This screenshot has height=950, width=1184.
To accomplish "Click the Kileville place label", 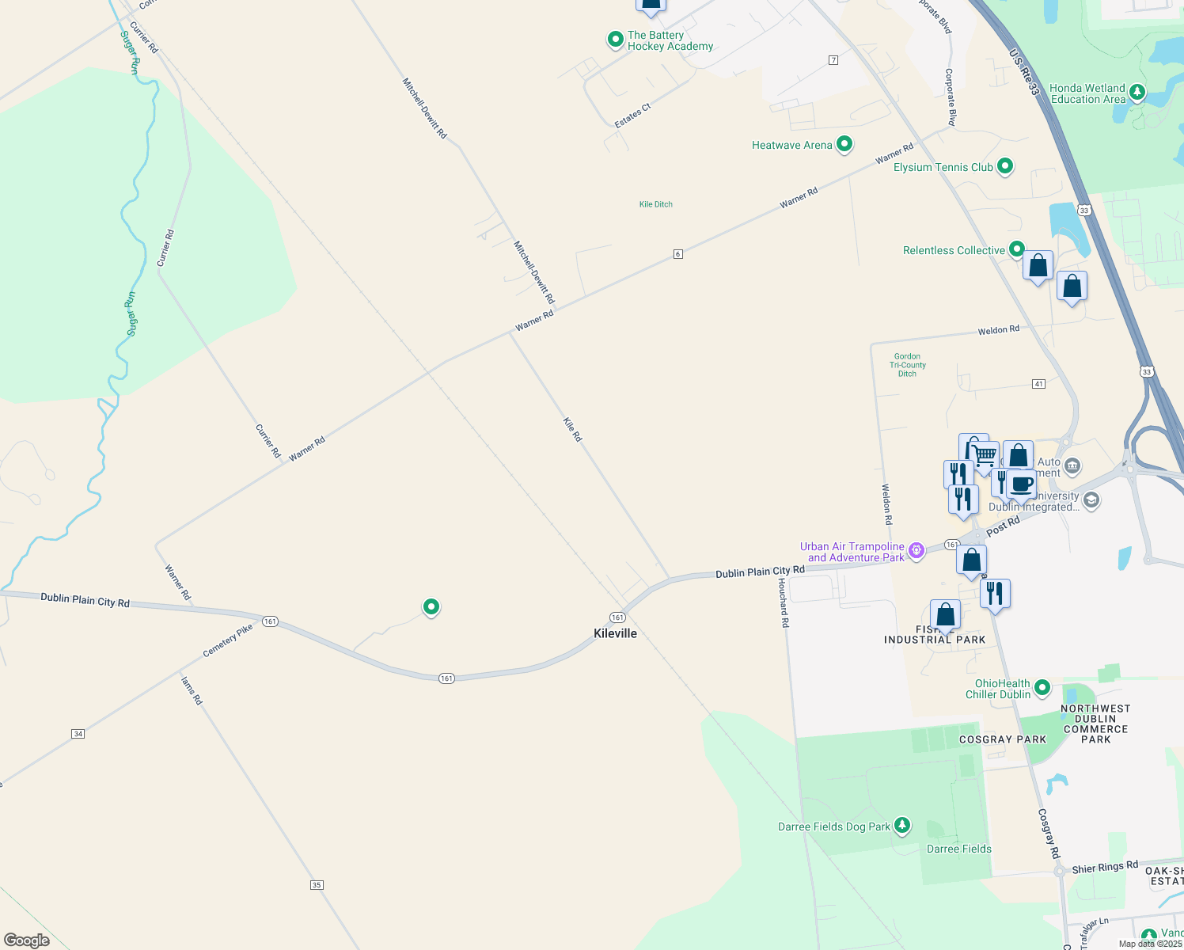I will pyautogui.click(x=615, y=633).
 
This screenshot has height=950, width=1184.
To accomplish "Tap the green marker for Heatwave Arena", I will pyautogui.click(x=844, y=144).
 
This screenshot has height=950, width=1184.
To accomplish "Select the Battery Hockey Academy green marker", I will pyautogui.click(x=615, y=40).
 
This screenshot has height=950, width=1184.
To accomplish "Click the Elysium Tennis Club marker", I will pyautogui.click(x=1005, y=166).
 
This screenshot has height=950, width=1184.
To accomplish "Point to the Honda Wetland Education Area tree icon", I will pyautogui.click(x=1137, y=93).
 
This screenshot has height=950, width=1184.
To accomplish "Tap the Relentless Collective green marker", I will pyautogui.click(x=1016, y=249).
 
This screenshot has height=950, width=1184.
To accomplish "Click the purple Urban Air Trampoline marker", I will pyautogui.click(x=916, y=550).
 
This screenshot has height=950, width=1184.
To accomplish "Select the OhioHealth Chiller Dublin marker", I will pyautogui.click(x=1042, y=687).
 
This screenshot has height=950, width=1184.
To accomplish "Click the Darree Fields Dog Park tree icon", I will pyautogui.click(x=901, y=826).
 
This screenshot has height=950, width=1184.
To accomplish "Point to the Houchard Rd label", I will pyautogui.click(x=783, y=602).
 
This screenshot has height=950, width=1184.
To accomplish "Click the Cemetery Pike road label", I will pyautogui.click(x=228, y=640).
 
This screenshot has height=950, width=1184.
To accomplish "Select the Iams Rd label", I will pyautogui.click(x=192, y=690).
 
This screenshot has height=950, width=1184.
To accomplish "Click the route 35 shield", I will pyautogui.click(x=317, y=884).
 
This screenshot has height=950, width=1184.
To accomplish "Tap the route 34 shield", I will pyautogui.click(x=78, y=734).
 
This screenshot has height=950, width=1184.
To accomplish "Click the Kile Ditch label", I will pyautogui.click(x=655, y=204).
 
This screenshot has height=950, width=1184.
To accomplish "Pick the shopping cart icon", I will pyautogui.click(x=985, y=456).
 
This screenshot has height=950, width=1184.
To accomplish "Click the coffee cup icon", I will pyautogui.click(x=1022, y=483).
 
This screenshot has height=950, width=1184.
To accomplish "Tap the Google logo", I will pyautogui.click(x=27, y=940).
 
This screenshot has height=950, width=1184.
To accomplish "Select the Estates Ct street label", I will pyautogui.click(x=632, y=116).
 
